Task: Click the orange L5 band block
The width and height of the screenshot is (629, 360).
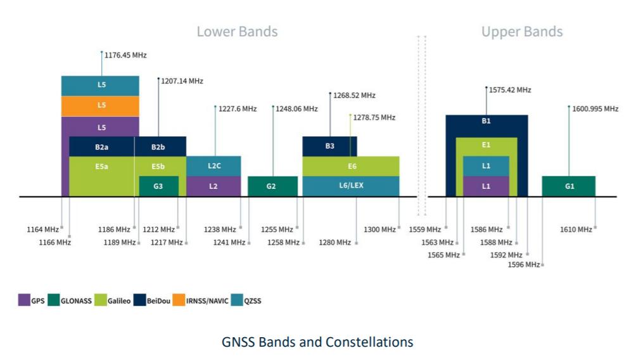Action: tap(101, 105)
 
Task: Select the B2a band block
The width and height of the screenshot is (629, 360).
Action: tap(101, 146)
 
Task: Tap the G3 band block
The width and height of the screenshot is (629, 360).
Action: tap(158, 186)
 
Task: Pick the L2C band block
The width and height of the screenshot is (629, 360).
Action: tap(213, 165)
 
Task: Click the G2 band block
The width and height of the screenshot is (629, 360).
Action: tap(272, 186)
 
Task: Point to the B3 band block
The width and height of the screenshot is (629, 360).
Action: tap(329, 146)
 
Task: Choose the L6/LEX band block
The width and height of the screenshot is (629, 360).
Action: tap(350, 186)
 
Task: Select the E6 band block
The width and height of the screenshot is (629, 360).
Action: tap(352, 166)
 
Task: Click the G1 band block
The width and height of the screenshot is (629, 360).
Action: tap(568, 186)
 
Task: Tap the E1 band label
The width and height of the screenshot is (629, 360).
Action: tap(486, 145)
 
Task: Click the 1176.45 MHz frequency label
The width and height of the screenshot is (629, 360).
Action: tap(125, 55)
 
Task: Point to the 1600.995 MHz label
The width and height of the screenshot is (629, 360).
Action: tap(595, 109)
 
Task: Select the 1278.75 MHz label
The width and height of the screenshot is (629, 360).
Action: tap(374, 117)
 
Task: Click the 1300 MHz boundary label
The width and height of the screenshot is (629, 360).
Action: tap(380, 229)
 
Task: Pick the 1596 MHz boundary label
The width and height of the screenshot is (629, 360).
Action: tap(523, 264)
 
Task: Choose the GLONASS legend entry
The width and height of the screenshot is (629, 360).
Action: tap(71, 301)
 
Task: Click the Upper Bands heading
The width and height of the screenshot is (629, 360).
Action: tap(522, 32)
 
